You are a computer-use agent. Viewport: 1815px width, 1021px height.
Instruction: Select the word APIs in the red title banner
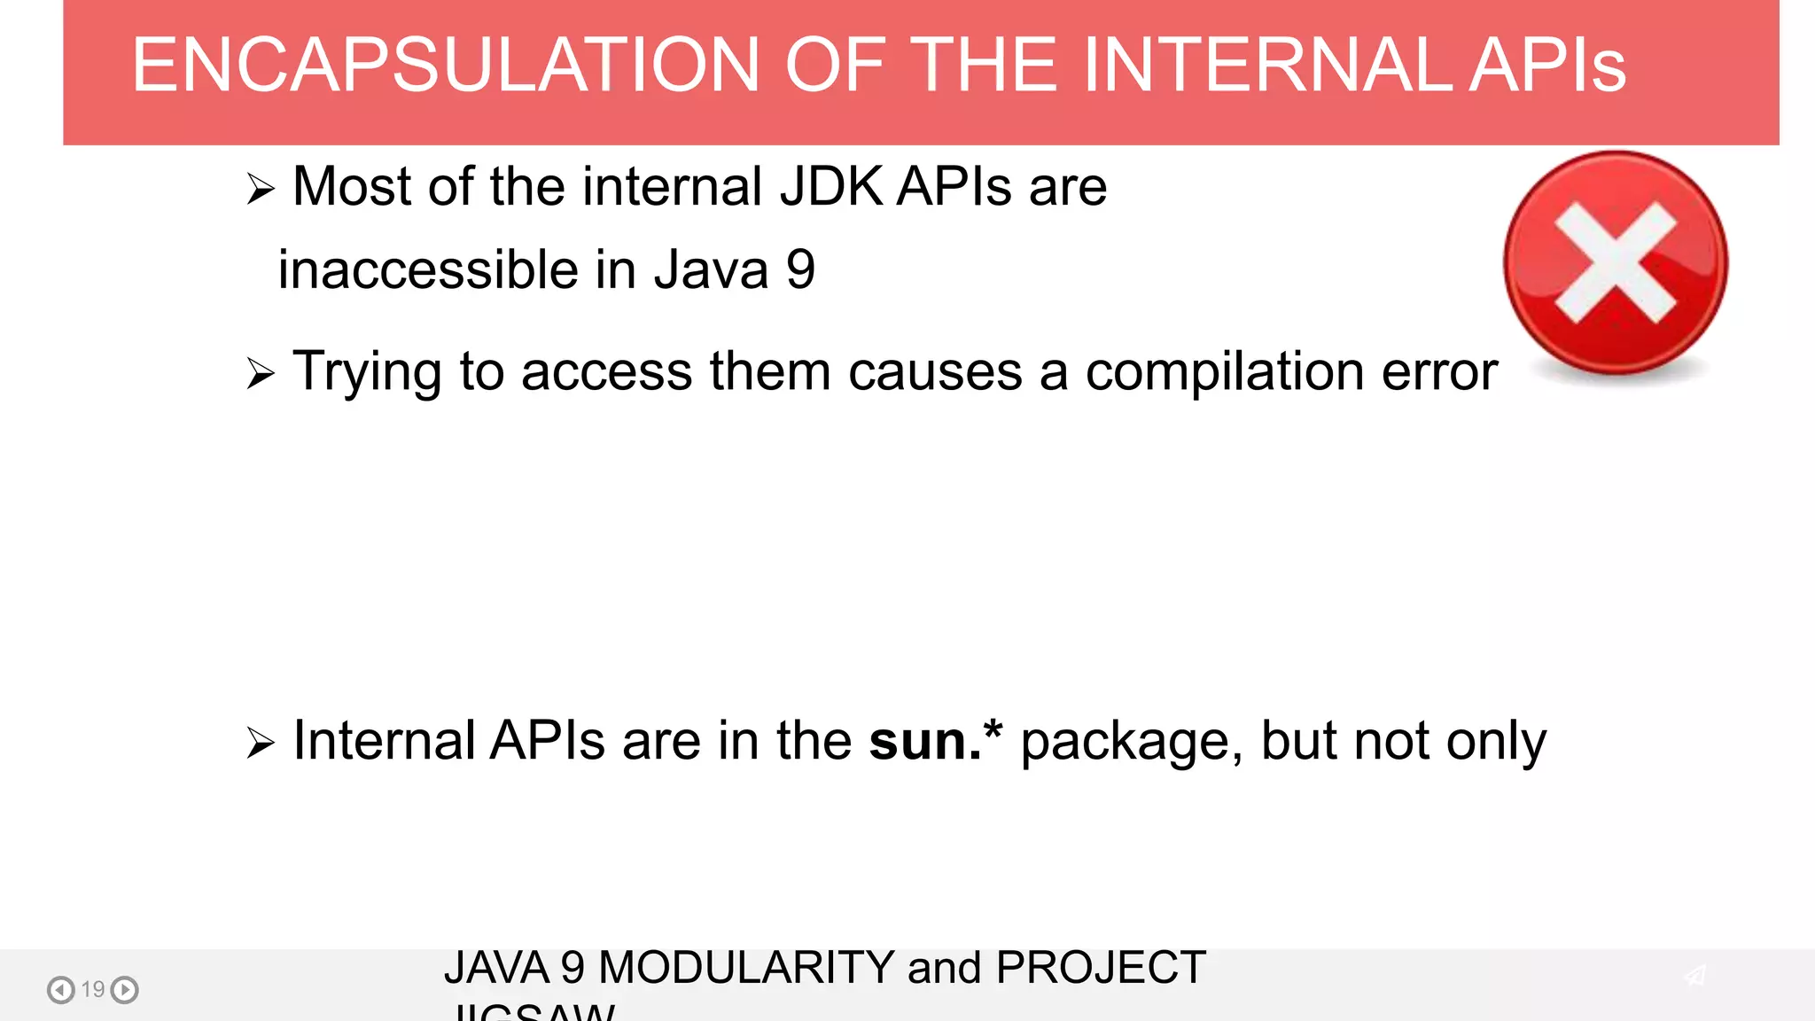1547,65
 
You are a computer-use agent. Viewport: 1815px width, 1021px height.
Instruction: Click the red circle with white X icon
1615,263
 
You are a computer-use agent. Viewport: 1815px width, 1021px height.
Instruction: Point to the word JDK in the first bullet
830,186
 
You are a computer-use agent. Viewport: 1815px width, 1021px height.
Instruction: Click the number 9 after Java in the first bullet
800,269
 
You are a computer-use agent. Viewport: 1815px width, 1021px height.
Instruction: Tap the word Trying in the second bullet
368,372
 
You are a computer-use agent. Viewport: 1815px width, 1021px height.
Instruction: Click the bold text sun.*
935,740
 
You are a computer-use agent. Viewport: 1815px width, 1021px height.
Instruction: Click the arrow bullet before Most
261,189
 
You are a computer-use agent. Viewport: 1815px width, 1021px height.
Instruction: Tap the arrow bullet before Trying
261,373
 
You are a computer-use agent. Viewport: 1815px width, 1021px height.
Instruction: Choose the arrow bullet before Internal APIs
261,743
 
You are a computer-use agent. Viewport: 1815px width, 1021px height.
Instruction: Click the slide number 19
93,989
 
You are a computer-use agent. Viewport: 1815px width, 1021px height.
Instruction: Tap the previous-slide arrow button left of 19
60,989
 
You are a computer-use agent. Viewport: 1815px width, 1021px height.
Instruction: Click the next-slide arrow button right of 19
125,989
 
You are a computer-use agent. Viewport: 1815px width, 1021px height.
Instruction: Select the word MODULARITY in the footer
746,967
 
